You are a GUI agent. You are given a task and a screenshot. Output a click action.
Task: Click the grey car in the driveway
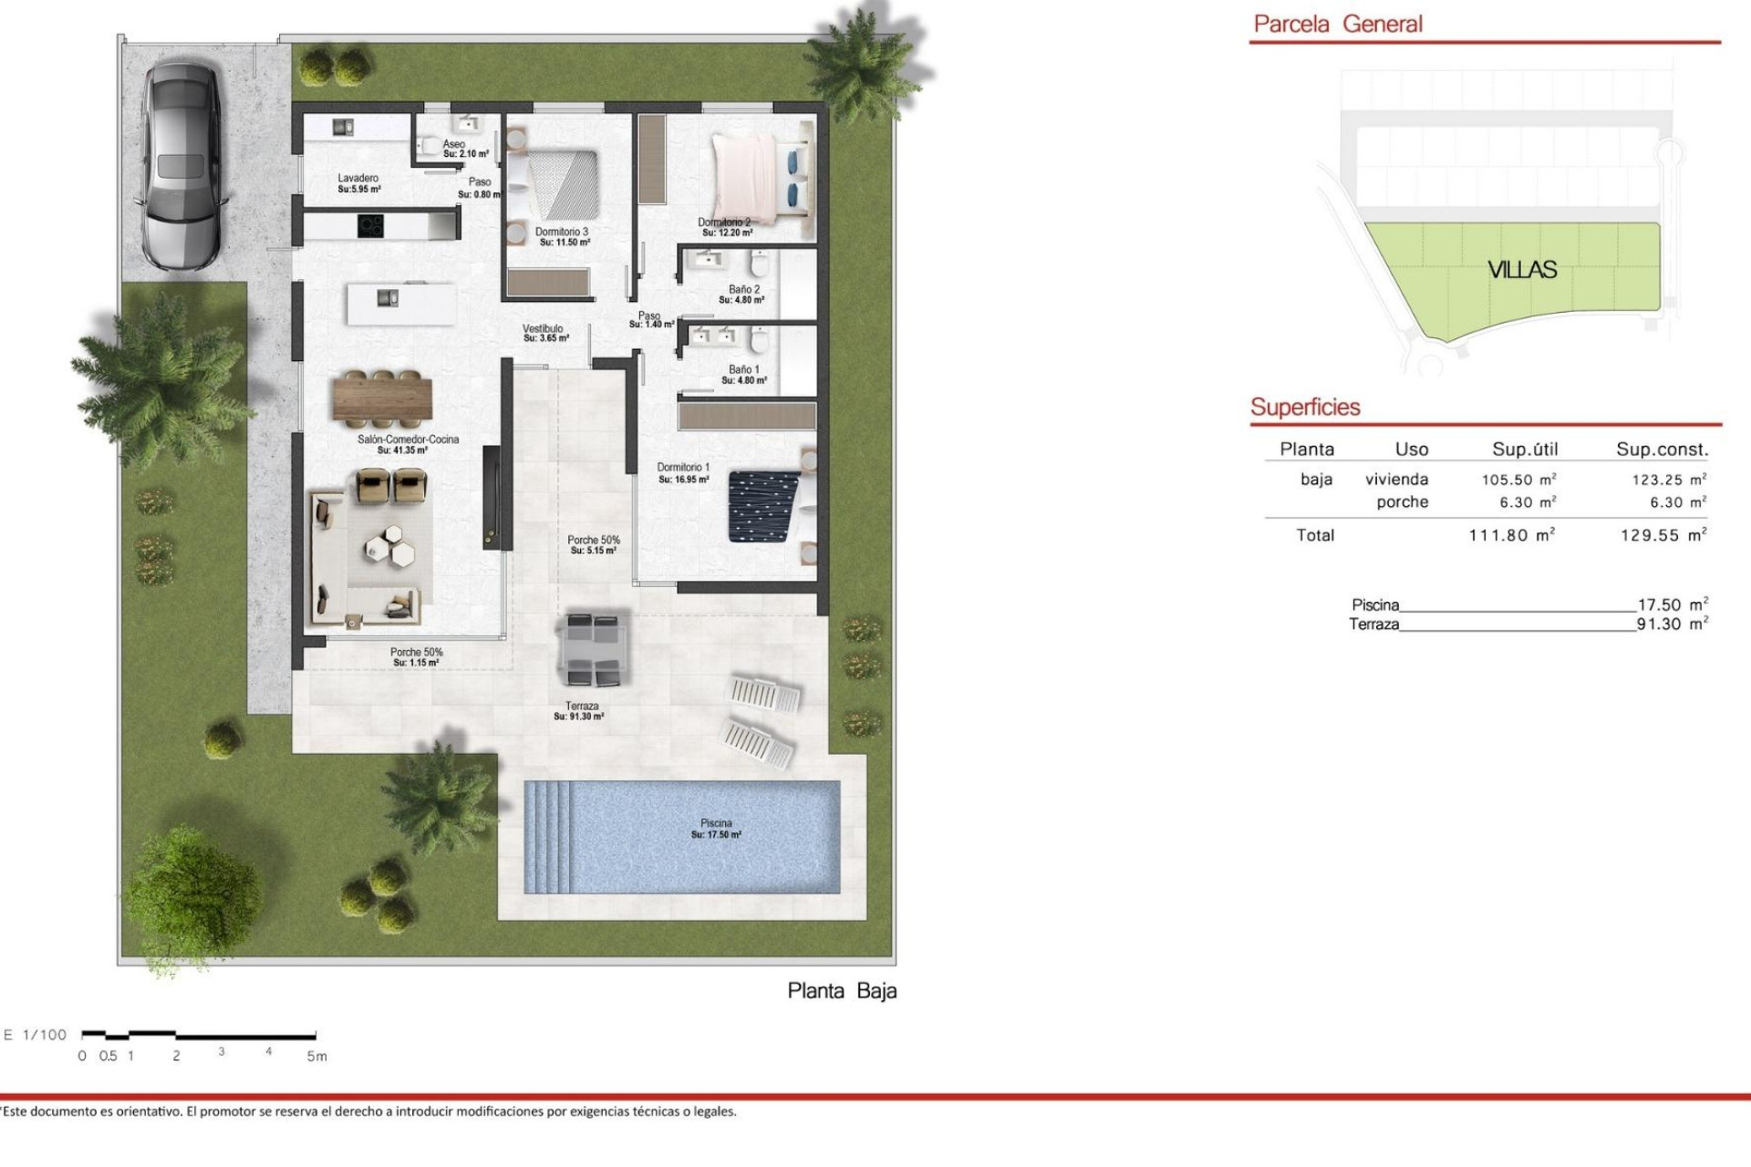(181, 164)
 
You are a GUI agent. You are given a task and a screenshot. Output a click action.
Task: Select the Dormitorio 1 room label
(683, 472)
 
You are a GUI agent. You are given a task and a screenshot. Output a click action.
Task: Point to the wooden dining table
(382, 398)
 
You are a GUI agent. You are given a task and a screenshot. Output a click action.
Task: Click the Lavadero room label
(358, 183)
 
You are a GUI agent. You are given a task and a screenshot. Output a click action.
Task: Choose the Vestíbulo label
(544, 333)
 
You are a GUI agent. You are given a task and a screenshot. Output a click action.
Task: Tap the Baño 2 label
(742, 294)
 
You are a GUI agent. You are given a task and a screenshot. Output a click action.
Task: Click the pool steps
(546, 837)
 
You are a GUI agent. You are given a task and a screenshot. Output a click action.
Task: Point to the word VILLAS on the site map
(1522, 270)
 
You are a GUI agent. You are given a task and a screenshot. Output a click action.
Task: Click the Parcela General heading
(1338, 25)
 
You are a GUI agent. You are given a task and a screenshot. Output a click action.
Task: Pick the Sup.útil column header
(1525, 449)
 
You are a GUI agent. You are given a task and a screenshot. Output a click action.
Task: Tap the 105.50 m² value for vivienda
(1518, 480)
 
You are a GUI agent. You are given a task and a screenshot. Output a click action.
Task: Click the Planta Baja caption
(842, 991)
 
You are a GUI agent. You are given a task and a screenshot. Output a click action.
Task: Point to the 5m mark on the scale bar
(316, 1056)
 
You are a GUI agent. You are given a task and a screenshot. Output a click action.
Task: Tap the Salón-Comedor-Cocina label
(408, 444)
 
